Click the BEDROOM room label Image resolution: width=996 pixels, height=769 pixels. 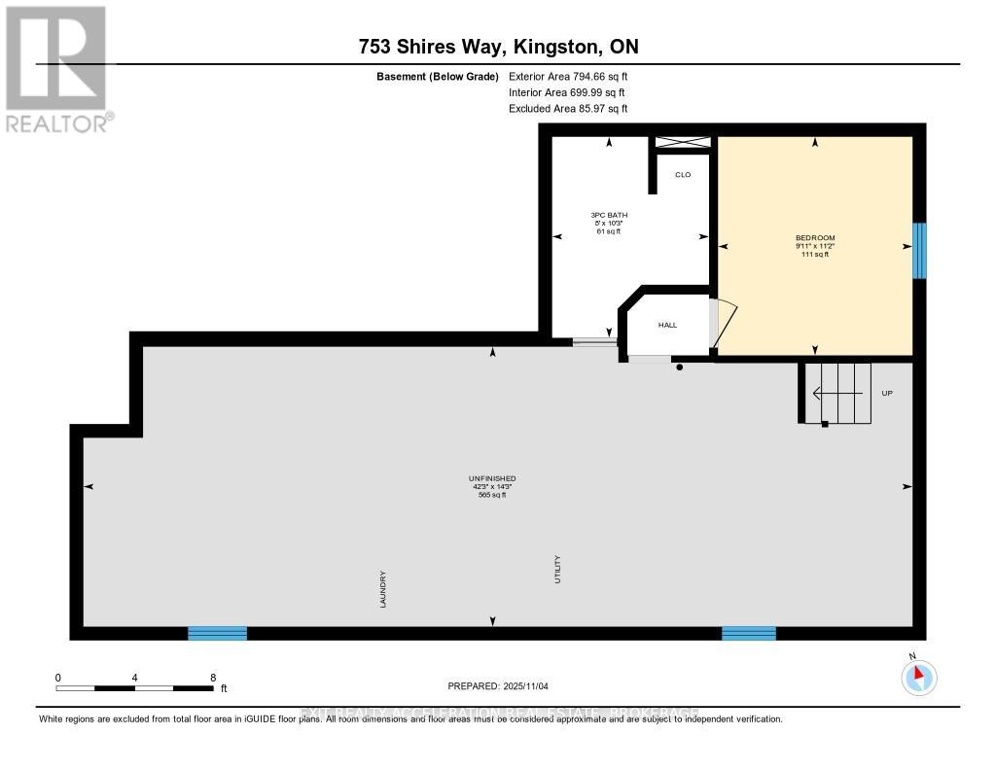(x=815, y=238)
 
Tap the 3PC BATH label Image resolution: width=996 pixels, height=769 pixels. (x=609, y=215)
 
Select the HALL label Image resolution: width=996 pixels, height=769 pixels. (x=667, y=325)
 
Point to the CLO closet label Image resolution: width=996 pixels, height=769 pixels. (x=683, y=175)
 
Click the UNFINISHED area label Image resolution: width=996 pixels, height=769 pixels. (x=491, y=478)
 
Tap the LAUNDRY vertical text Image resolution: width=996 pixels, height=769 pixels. (x=384, y=589)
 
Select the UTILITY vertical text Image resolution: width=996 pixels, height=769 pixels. (x=558, y=569)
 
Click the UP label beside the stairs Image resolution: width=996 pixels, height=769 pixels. (x=886, y=393)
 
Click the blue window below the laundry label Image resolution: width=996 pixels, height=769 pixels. (x=217, y=633)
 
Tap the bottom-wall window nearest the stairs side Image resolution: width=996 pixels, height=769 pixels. (x=748, y=633)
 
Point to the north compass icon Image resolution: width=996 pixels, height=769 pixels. (x=918, y=677)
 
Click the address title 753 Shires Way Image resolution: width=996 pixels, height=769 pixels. (x=497, y=47)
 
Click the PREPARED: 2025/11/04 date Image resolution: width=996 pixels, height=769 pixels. (x=498, y=686)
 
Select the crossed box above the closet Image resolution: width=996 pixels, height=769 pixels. (x=683, y=142)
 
